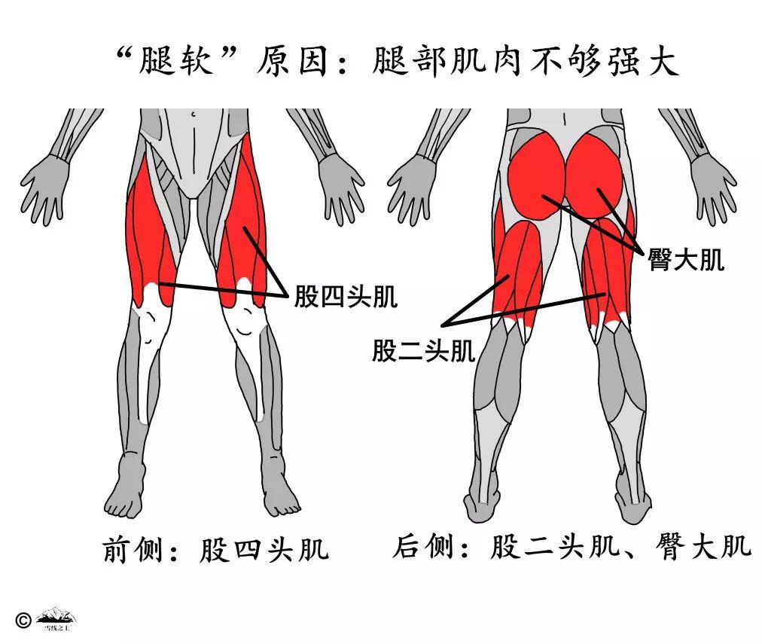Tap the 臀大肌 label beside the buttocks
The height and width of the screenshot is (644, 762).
pos(686,260)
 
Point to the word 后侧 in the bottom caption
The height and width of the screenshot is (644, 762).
pos(423,547)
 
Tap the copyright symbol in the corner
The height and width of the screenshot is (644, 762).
pos(23,619)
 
